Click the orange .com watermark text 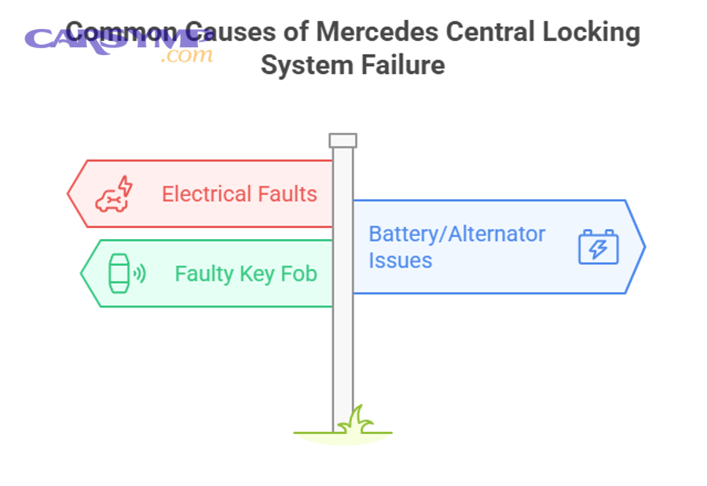click(x=187, y=55)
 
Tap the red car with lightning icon click(x=114, y=194)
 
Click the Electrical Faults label click(x=239, y=194)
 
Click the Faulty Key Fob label click(x=245, y=274)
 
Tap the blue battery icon click(x=599, y=247)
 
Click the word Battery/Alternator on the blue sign click(x=456, y=234)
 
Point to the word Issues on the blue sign click(x=400, y=260)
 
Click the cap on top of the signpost click(x=343, y=141)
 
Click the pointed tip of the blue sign click(x=644, y=247)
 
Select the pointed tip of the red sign click(x=68, y=193)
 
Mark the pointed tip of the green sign click(x=82, y=274)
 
